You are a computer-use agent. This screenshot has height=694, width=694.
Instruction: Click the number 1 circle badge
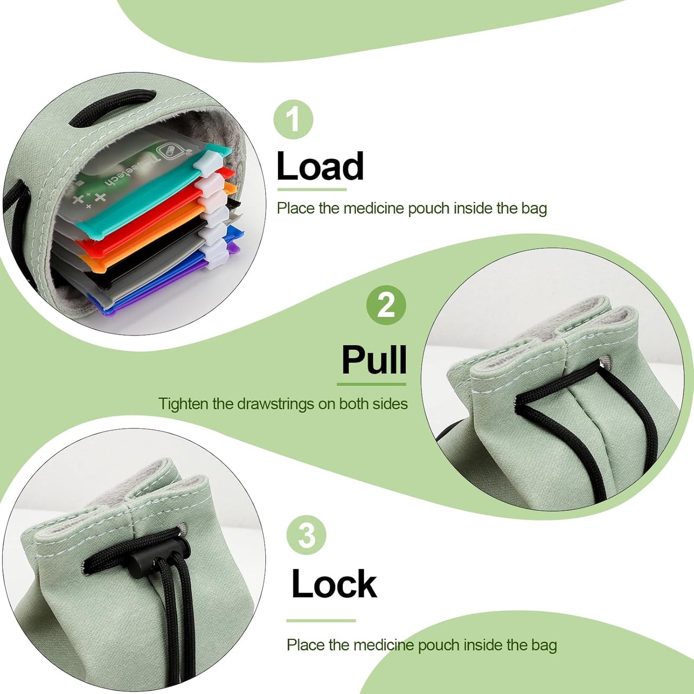tap(293, 119)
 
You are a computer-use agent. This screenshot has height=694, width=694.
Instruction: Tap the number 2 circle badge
tap(386, 305)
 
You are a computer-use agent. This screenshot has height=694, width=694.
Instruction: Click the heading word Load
tap(320, 166)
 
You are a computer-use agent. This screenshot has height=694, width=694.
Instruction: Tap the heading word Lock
tap(334, 584)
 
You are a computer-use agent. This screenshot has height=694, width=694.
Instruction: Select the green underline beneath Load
tap(312, 189)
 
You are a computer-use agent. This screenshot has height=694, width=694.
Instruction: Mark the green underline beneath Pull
tap(371, 384)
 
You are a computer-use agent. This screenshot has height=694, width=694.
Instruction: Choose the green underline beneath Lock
tap(321, 621)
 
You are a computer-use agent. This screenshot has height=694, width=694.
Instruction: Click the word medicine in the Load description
tap(374, 208)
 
